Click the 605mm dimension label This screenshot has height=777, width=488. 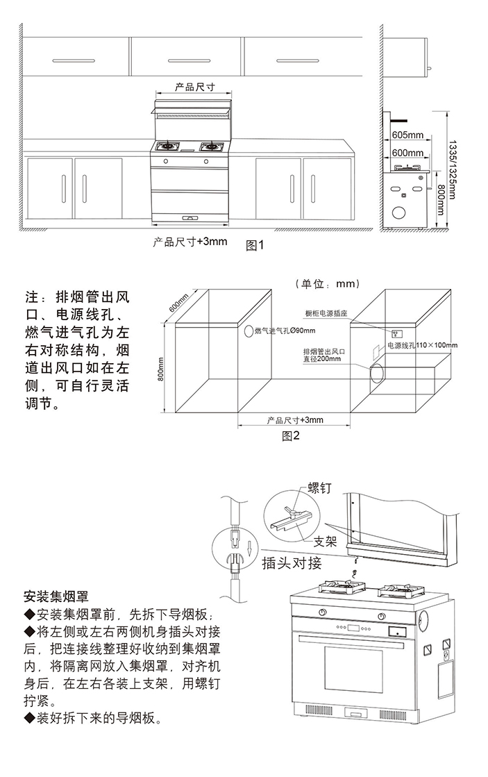(407, 134)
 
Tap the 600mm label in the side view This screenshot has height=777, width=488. (407, 153)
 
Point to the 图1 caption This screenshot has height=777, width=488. (256, 245)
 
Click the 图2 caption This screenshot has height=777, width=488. (290, 435)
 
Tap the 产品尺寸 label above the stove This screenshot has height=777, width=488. (194, 87)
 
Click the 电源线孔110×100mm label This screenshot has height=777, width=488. (422, 345)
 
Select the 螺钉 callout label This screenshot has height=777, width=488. (319, 488)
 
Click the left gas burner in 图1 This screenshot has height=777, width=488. (167, 147)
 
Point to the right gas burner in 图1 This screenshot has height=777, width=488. (209, 147)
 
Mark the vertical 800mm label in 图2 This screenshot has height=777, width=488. (160, 369)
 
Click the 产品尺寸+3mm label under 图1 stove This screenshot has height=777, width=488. (190, 242)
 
